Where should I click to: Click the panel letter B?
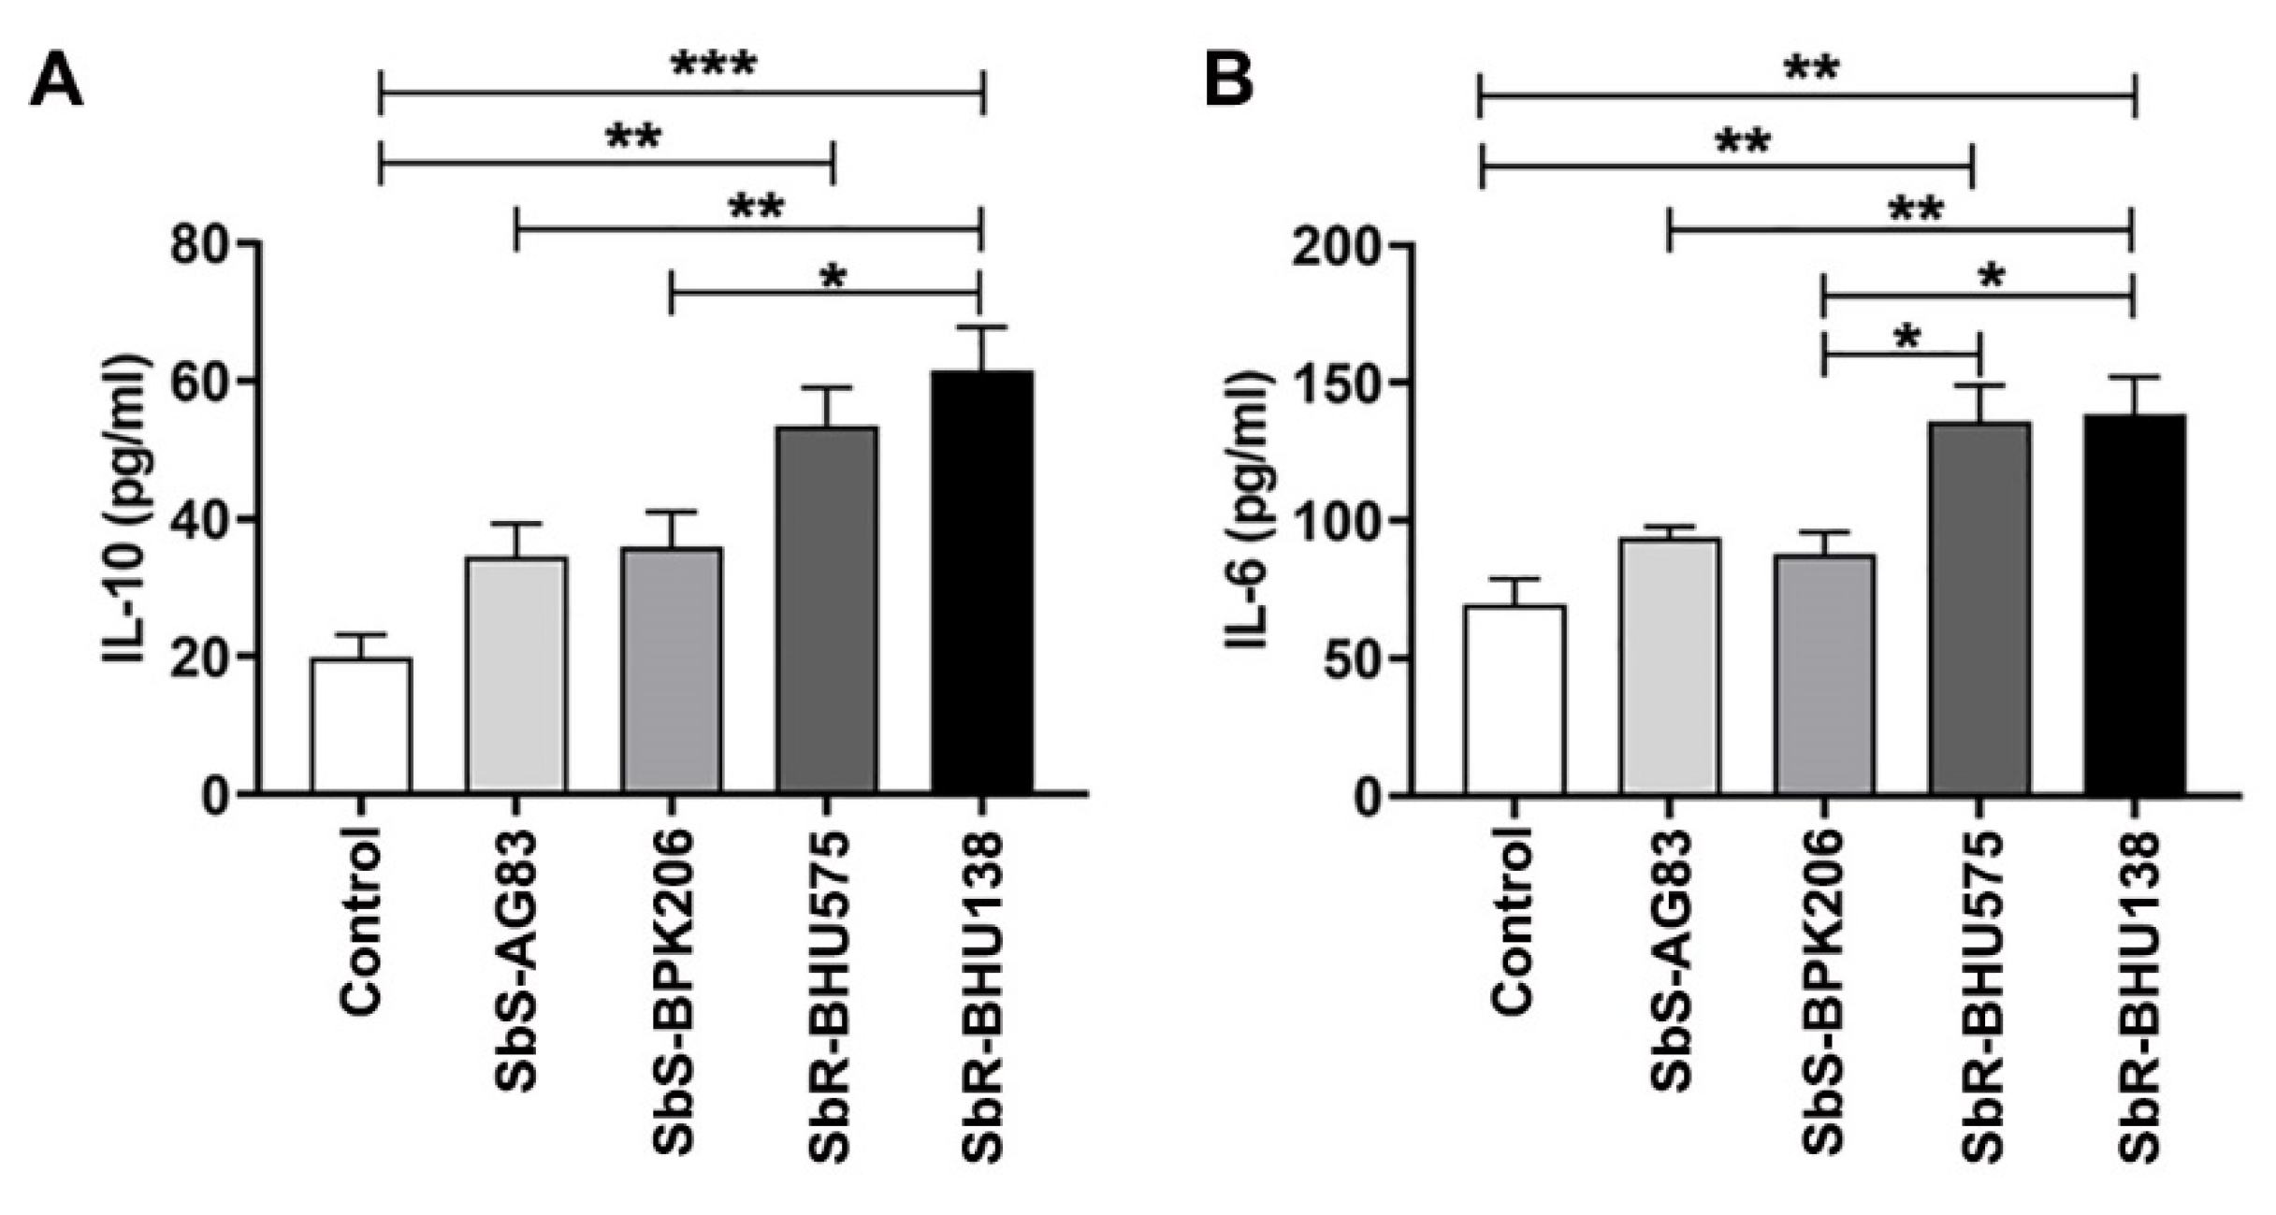pos(1228,82)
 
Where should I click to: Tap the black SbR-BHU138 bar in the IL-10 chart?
pos(981,582)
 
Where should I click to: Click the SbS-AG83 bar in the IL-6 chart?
pos(1670,666)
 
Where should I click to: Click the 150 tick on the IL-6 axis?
pos(1333,383)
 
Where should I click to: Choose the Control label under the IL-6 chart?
pos(1513,921)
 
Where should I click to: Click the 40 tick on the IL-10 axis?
pos(199,520)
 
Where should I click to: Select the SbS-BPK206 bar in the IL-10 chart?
pos(672,670)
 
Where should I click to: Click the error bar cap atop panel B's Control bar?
pos(1514,579)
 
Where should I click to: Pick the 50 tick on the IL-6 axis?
pos(1347,658)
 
